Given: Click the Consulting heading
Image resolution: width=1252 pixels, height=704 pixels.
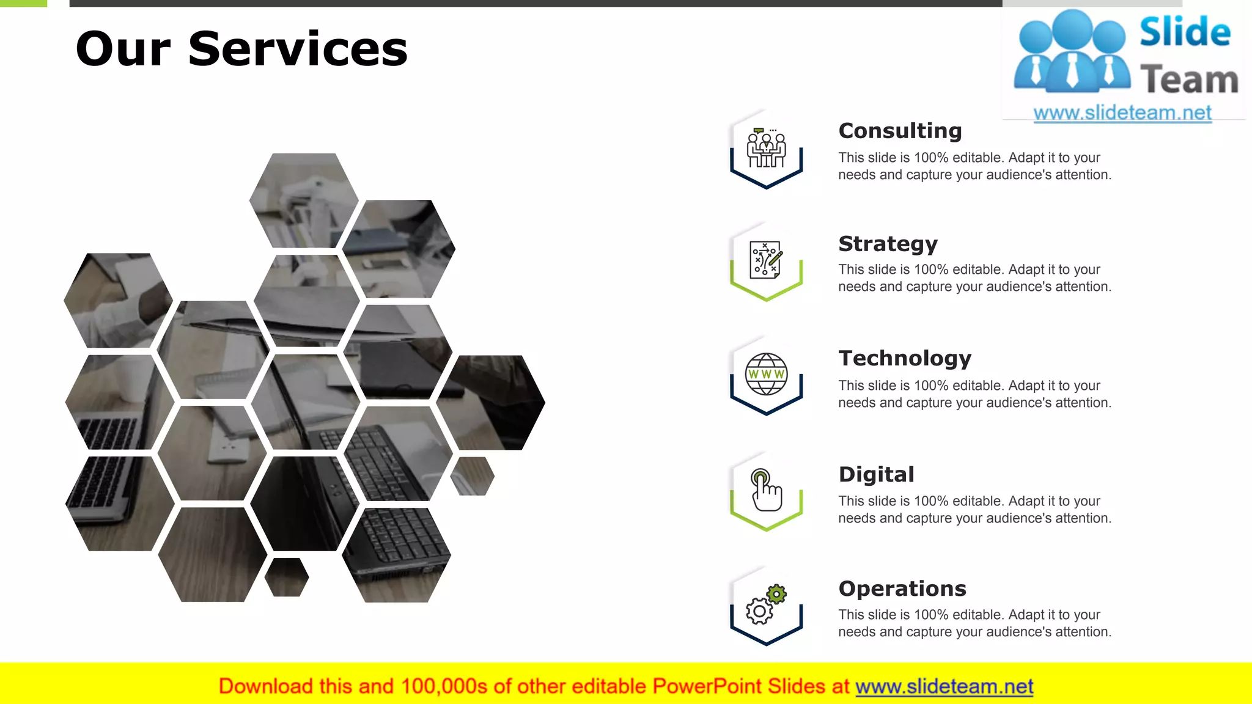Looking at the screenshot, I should (900, 131).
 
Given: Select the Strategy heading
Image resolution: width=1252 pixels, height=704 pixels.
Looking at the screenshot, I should (888, 244).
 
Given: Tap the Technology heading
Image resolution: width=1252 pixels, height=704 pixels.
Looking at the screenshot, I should (905, 358).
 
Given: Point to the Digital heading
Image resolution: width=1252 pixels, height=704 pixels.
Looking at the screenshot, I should (876, 474).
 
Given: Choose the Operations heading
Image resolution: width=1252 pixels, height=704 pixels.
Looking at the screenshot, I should (902, 588).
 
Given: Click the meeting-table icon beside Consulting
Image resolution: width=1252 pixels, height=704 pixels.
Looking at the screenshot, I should (766, 148).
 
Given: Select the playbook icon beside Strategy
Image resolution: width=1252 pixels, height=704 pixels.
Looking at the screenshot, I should (766, 260).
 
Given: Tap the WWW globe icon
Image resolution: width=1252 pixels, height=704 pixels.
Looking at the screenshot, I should (766, 374).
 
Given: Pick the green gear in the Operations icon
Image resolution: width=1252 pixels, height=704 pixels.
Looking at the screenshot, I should (776, 594).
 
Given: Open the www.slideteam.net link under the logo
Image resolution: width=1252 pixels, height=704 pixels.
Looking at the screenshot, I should (1122, 113).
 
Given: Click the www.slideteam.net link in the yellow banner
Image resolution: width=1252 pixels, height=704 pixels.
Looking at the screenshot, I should (944, 686).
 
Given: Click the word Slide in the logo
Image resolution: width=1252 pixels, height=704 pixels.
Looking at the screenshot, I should (1185, 32).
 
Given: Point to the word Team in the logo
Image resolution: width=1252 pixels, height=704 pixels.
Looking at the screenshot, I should (1189, 80).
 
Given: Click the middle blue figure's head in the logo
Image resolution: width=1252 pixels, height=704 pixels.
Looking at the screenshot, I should (1073, 29).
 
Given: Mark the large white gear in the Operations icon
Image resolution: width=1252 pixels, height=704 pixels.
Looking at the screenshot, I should (759, 611).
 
